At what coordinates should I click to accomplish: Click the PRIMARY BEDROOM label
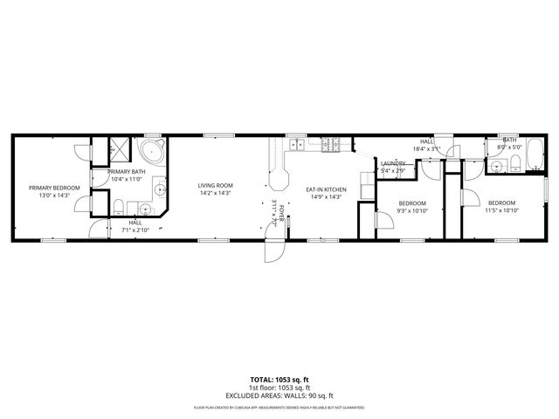coord(54,188)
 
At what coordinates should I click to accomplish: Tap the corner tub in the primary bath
coord(154,152)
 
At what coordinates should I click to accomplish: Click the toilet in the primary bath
coord(118,206)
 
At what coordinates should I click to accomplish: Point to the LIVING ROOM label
coord(214,185)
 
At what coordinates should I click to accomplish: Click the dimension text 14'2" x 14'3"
coord(214,193)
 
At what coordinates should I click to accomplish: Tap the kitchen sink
coord(297,143)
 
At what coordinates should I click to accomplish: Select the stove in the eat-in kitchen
coord(332,145)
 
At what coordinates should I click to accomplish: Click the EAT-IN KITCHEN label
coord(326,189)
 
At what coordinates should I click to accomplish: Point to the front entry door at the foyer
coord(273,250)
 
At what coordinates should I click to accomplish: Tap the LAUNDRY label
coord(392,163)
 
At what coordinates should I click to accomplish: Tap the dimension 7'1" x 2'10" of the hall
coord(135,230)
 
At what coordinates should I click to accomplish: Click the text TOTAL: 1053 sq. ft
coord(279,380)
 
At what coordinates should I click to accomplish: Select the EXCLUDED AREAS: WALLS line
coord(279,395)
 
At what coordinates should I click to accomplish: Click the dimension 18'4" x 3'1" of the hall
coord(427,148)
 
